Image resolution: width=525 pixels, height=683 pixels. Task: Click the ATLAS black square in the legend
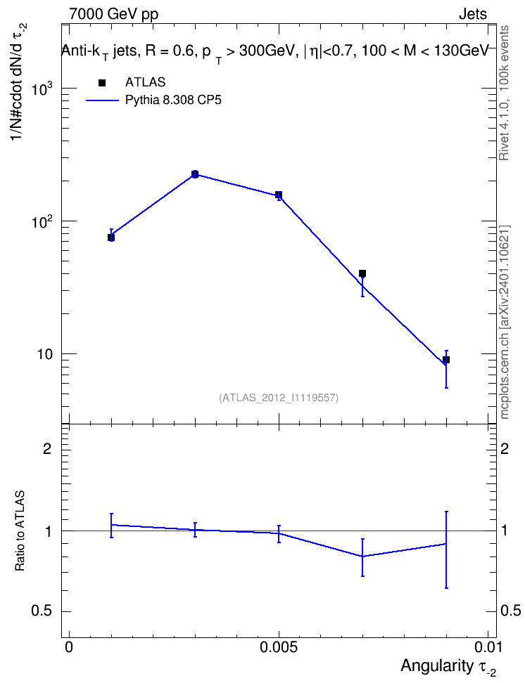(102, 83)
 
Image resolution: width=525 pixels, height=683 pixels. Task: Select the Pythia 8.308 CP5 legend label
(173, 100)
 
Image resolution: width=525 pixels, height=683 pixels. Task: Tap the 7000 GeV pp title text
(114, 14)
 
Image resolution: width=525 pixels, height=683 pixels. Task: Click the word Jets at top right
(473, 14)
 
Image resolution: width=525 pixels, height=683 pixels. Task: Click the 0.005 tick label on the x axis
(279, 647)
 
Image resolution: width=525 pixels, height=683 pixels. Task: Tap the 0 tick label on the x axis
(69, 647)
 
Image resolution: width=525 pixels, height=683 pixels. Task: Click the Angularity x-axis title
(448, 667)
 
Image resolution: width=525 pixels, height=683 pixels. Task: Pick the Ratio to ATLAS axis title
(20, 531)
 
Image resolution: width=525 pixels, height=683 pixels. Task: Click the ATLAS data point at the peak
(195, 174)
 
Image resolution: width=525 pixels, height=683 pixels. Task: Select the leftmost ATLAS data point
(111, 238)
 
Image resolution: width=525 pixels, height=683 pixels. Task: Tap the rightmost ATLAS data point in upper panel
(446, 360)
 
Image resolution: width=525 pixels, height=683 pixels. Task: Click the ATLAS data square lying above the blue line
(362, 273)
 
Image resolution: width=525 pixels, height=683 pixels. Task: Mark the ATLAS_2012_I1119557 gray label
(279, 398)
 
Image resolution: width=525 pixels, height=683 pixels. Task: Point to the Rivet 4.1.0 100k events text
(504, 93)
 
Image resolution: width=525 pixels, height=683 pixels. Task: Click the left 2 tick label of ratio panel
(47, 448)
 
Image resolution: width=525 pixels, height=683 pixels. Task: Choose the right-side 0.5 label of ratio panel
(510, 611)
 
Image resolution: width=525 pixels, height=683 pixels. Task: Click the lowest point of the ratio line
(362, 557)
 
